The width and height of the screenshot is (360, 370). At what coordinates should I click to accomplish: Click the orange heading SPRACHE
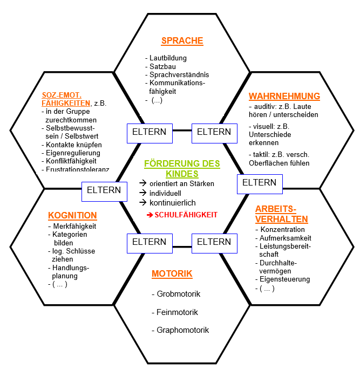pos(182,40)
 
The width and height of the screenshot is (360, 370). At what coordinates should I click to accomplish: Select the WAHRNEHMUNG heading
pos(284,97)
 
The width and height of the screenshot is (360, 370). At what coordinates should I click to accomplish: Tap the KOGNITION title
pos(72,215)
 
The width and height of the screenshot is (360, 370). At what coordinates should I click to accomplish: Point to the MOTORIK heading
pos(172,274)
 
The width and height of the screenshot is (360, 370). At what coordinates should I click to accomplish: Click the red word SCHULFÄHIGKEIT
pos(186,215)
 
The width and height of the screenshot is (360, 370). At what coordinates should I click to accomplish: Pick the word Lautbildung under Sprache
pos(168,58)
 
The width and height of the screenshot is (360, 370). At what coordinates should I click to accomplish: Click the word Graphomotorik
pos(182,330)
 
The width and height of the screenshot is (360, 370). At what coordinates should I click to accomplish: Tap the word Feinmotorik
pos(177,312)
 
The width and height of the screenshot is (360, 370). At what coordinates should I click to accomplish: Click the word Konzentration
pos(282,230)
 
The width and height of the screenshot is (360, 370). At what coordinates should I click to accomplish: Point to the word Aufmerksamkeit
pos(285,238)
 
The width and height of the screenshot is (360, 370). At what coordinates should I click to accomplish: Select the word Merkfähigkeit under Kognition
pos(74,226)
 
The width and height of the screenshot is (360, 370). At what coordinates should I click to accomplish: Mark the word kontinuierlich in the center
pos(173,203)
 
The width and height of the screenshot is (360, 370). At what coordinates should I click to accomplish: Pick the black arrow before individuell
pos(142,194)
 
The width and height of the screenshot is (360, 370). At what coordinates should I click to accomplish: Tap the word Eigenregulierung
pos(73,153)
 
